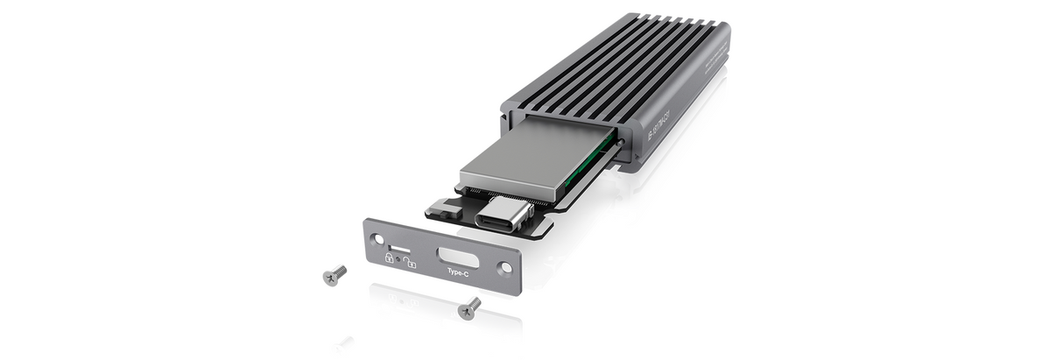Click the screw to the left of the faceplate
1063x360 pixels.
tap(334, 275)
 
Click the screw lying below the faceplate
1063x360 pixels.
tap(469, 307)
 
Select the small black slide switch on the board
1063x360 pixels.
tap(444, 209)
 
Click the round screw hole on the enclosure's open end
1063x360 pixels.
tap(620, 139)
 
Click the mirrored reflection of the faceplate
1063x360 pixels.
tap(438, 302)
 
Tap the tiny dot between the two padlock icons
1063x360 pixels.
tap(398, 260)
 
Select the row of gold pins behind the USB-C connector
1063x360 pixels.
tap(499, 194)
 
